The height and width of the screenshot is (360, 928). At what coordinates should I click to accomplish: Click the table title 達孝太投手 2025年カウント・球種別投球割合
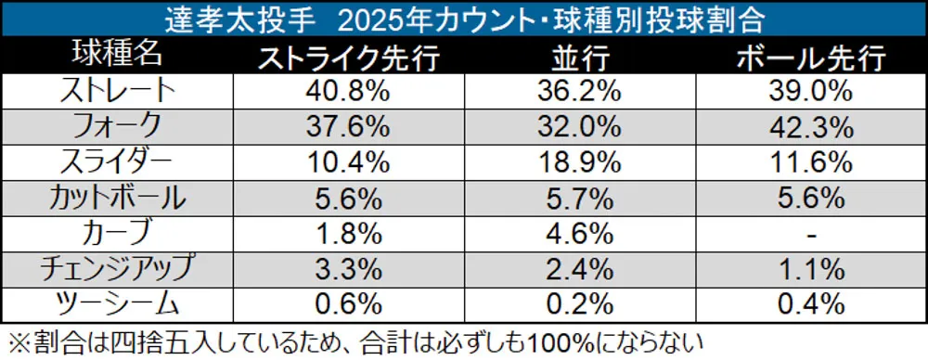click(463, 18)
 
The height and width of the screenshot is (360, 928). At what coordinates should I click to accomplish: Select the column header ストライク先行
click(347, 58)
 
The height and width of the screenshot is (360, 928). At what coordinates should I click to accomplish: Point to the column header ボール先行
click(810, 58)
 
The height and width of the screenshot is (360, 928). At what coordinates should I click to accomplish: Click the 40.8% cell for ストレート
click(347, 91)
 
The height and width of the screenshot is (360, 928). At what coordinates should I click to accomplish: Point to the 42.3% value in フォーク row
click(810, 126)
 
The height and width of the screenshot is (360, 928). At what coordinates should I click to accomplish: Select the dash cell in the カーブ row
click(810, 233)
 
